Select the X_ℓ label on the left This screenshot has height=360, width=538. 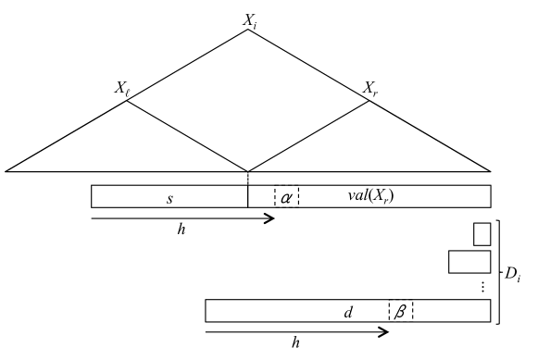[122, 89]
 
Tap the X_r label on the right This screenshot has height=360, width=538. [370, 89]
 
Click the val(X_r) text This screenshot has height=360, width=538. [373, 196]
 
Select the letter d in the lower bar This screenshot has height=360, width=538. [348, 311]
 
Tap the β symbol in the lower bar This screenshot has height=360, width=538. [400, 311]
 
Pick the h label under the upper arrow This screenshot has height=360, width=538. [181, 230]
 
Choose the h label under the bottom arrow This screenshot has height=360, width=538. [295, 342]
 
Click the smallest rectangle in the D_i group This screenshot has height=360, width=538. [482, 234]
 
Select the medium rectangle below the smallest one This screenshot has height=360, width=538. [469, 262]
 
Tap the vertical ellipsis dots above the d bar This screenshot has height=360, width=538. [482, 287]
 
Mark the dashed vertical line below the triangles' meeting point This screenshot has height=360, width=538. [248, 178]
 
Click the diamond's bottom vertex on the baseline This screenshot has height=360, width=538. [248, 170]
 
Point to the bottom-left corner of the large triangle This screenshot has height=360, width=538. [7, 170]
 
